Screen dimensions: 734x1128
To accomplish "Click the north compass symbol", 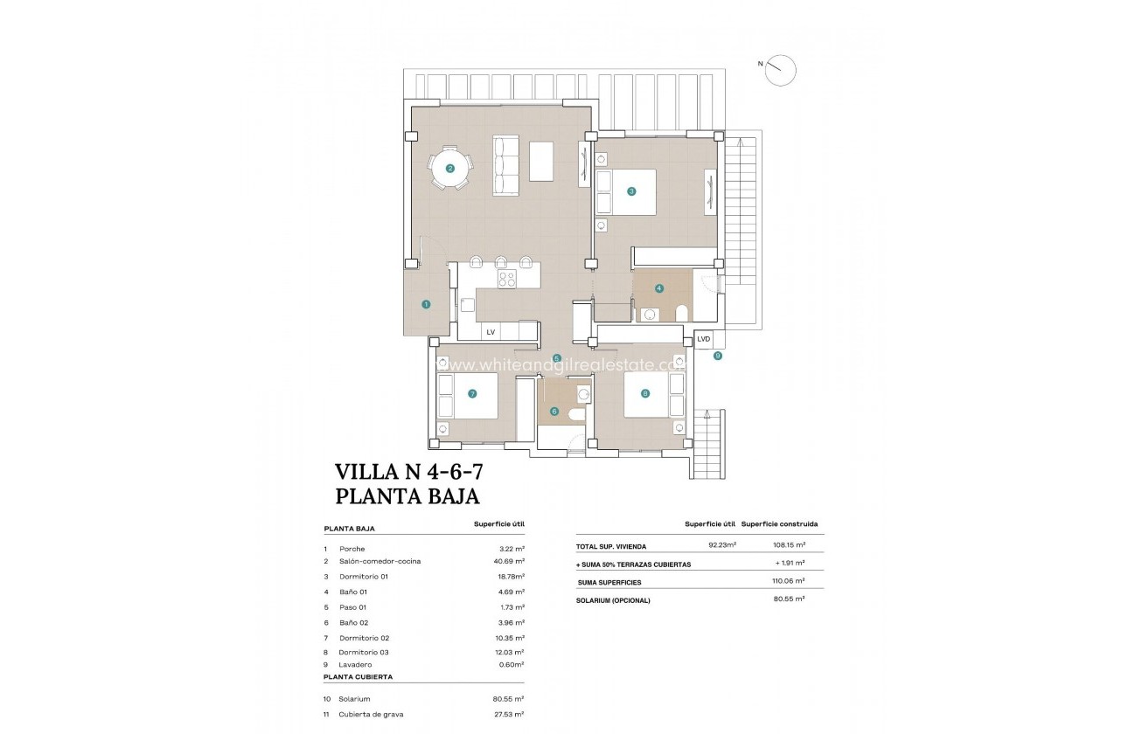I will pyautogui.click(x=780, y=70).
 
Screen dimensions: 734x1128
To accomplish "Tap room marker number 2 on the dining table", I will pyautogui.click(x=449, y=169).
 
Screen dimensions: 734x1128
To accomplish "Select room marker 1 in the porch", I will pyautogui.click(x=426, y=304).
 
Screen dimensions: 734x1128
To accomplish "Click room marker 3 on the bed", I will pyautogui.click(x=630, y=190).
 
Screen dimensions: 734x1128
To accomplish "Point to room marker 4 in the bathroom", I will pyautogui.click(x=659, y=287).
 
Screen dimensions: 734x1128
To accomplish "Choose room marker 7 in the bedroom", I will pyautogui.click(x=472, y=394).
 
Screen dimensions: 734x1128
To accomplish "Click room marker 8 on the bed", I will pyautogui.click(x=645, y=394).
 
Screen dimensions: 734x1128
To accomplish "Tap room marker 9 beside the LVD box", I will pyautogui.click(x=717, y=356).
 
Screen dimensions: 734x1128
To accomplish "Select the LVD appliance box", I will pyautogui.click(x=704, y=339).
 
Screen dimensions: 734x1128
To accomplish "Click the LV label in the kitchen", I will pyautogui.click(x=491, y=332).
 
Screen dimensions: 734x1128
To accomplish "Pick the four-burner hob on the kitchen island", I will pyautogui.click(x=507, y=279).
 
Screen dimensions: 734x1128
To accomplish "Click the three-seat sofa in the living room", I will pyautogui.click(x=506, y=166).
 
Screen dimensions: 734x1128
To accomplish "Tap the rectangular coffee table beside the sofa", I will pyautogui.click(x=541, y=161).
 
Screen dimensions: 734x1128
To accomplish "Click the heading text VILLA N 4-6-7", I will pyautogui.click(x=409, y=472).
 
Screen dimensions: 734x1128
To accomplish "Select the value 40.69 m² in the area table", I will pyautogui.click(x=508, y=561).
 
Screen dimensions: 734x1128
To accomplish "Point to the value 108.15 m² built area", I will pyautogui.click(x=788, y=545).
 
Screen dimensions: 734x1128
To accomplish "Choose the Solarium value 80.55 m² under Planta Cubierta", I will pyautogui.click(x=508, y=699).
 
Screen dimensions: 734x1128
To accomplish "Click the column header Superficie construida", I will pyautogui.click(x=779, y=524).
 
